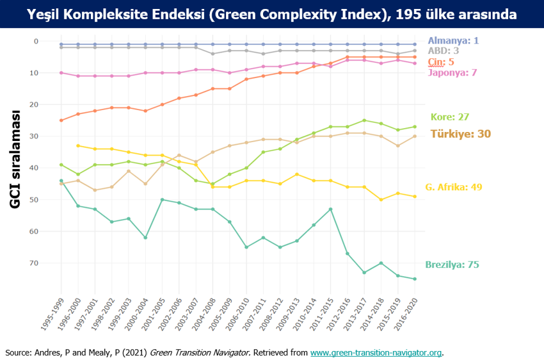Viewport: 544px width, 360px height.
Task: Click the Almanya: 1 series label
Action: pyautogui.click(x=453, y=40)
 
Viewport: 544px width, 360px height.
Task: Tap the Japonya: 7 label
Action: pyautogui.click(x=452, y=72)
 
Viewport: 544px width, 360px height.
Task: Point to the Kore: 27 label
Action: pyautogui.click(x=450, y=117)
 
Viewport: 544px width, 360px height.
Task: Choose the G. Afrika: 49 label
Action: pyautogui.click(x=454, y=187)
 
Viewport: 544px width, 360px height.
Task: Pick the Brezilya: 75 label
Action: pyautogui.click(x=452, y=265)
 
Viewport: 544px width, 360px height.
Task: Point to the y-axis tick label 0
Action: pyautogui.click(x=36, y=41)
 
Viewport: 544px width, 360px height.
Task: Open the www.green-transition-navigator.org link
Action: pyautogui.click(x=376, y=352)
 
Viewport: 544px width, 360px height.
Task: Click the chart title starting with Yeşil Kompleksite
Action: pyautogui.click(x=272, y=13)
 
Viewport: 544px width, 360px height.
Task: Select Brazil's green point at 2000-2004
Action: pyautogui.click(x=145, y=238)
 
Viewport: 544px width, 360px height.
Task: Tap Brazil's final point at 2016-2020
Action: pyautogui.click(x=414, y=279)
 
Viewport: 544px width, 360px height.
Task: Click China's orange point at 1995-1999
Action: pyautogui.click(x=61, y=120)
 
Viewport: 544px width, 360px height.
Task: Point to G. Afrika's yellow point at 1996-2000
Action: pyautogui.click(x=78, y=145)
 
